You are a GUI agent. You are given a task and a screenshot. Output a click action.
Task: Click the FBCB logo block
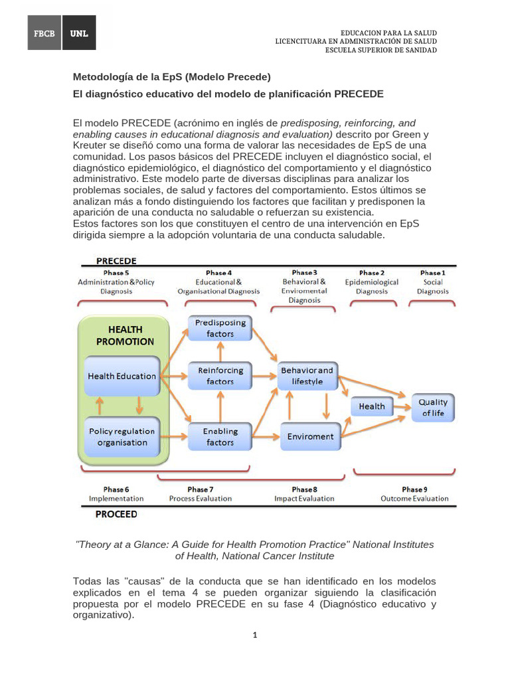44,33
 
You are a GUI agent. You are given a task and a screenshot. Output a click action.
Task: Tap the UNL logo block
79,33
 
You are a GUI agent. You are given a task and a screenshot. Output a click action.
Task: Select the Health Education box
122,376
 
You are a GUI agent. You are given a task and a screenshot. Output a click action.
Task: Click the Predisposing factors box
220,328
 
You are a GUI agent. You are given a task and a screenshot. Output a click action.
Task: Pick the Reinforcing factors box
220,376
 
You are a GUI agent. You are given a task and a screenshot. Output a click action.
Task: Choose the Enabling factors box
220,436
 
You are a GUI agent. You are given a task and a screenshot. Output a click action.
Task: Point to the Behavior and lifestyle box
307,376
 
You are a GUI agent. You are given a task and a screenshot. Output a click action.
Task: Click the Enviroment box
310,436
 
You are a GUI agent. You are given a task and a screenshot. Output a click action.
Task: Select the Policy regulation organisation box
122,436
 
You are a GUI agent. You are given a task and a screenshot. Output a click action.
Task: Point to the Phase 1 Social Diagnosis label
432,282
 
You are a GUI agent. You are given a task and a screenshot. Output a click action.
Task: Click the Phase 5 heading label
116,273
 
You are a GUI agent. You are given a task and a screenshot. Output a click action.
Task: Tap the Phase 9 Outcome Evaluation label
414,493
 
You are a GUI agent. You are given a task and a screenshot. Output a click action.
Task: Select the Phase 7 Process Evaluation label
201,493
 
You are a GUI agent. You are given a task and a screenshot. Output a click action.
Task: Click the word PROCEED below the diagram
116,514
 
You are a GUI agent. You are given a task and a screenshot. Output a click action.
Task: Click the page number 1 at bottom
254,635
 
